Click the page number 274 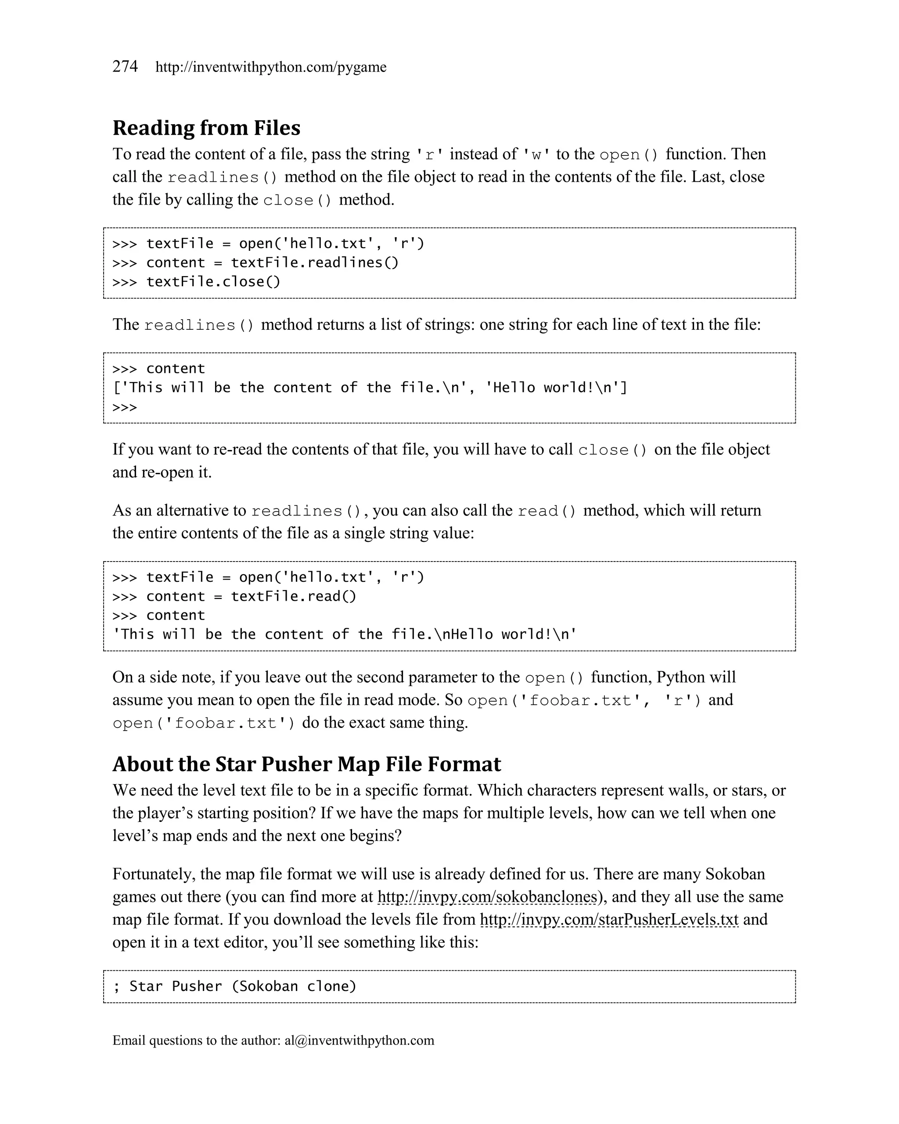[125, 67]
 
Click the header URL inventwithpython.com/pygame [271, 67]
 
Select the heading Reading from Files [206, 128]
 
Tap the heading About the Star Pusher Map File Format [306, 764]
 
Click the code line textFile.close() [213, 281]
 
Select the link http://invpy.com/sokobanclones [487, 897]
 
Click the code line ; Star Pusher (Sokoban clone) [235, 987]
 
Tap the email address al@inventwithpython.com [359, 1041]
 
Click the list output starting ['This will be [370, 388]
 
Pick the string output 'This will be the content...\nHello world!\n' [345, 634]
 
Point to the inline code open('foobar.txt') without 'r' [204, 723]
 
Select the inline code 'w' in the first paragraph [536, 155]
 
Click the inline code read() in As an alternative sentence [547, 511]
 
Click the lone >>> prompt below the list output [125, 407]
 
